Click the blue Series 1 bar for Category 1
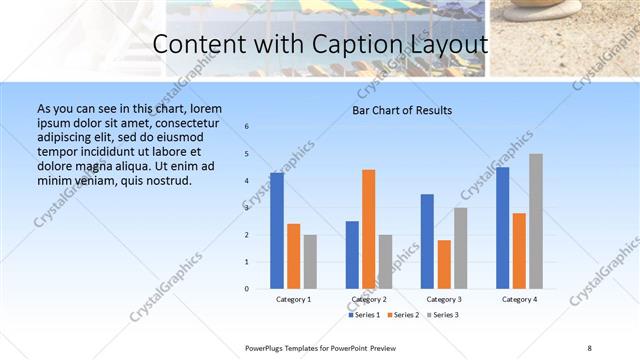click(277, 231)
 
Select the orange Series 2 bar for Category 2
click(368, 229)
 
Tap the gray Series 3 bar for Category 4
click(536, 221)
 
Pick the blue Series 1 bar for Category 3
click(427, 241)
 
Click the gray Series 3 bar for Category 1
click(310, 262)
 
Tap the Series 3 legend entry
click(442, 316)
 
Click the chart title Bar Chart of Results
click(402, 110)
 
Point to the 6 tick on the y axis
click(247, 127)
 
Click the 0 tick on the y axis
click(247, 289)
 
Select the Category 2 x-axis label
click(368, 300)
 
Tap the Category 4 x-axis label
click(519, 300)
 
